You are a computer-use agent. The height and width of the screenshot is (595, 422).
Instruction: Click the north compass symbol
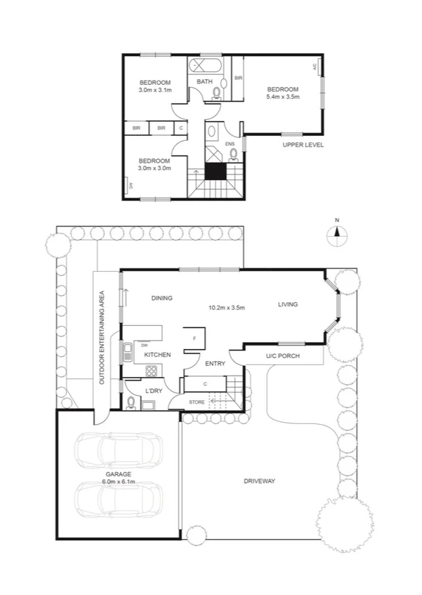click(x=337, y=235)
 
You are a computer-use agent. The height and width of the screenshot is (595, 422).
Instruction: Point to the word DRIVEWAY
click(x=259, y=481)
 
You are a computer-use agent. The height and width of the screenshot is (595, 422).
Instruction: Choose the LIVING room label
click(x=288, y=304)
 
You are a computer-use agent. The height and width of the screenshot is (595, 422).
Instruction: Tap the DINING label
click(x=161, y=298)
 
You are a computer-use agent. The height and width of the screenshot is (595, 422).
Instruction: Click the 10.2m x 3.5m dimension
click(x=225, y=307)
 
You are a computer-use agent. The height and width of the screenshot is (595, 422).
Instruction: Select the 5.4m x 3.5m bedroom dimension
click(x=283, y=97)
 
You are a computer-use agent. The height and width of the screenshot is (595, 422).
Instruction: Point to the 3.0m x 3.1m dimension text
click(x=155, y=90)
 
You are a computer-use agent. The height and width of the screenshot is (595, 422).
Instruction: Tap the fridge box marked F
click(x=194, y=338)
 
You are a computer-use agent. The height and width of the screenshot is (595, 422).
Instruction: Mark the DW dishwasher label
click(x=144, y=345)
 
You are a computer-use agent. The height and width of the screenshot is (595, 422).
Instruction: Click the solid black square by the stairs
click(x=216, y=171)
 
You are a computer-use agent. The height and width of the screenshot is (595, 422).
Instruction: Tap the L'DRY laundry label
click(x=154, y=390)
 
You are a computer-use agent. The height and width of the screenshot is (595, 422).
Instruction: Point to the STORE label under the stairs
click(x=197, y=402)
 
